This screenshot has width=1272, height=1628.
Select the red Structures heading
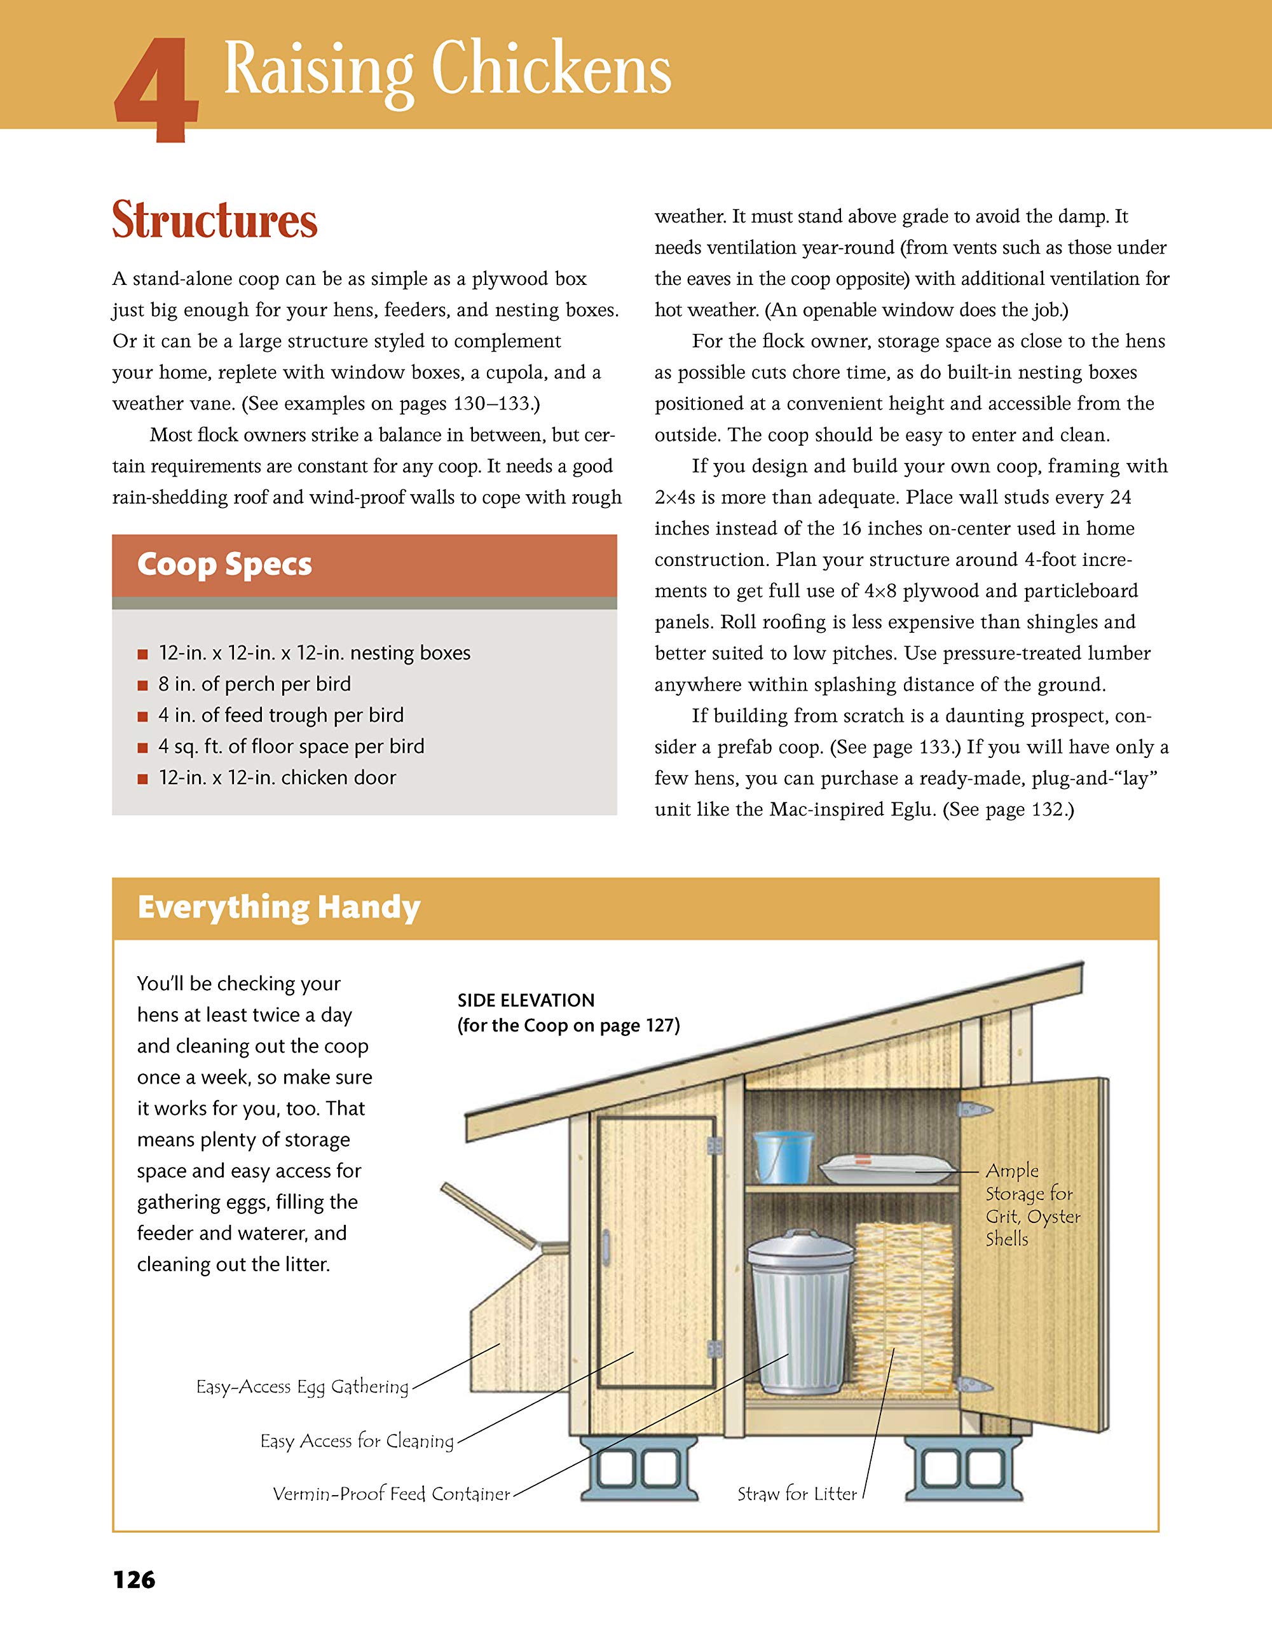[215, 220]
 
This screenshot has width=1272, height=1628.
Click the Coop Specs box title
[224, 564]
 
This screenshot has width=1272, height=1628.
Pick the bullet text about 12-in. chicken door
[277, 778]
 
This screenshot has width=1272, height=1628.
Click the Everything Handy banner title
[278, 908]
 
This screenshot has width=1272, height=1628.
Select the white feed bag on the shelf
[887, 1169]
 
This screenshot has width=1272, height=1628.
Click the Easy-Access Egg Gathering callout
[302, 1386]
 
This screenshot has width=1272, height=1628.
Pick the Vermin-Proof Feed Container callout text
[391, 1494]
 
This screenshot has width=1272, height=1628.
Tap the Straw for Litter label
[797, 1494]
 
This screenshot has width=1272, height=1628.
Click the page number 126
[134, 1580]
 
